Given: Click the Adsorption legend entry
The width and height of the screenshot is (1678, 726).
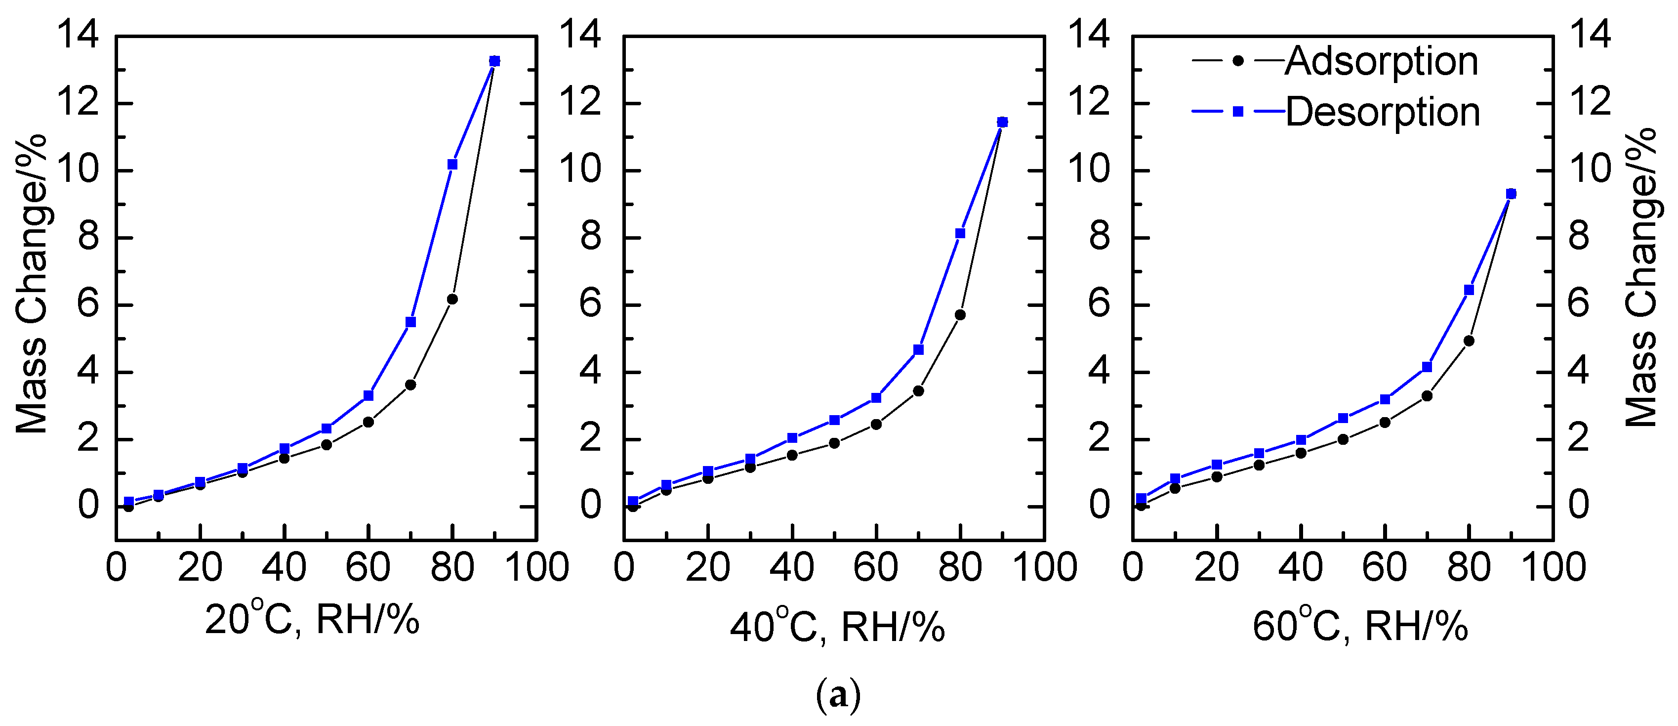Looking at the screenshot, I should (1381, 62).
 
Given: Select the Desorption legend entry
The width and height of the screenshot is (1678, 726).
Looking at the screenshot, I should (1382, 112).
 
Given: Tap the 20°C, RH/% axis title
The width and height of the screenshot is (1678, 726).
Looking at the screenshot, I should (312, 619).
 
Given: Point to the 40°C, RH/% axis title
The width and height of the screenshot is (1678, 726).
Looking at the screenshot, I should (837, 628).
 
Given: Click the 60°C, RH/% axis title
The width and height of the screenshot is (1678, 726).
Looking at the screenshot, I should (1360, 628).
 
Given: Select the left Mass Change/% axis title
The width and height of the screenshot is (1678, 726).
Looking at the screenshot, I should (31, 284).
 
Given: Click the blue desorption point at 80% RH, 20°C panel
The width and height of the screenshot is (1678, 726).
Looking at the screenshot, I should (453, 164).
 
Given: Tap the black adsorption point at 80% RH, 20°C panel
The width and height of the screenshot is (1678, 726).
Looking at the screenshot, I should (453, 299).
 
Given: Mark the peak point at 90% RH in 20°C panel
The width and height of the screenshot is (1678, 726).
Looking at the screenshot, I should (494, 61).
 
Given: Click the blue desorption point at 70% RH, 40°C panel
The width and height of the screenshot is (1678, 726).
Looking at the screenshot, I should (918, 349).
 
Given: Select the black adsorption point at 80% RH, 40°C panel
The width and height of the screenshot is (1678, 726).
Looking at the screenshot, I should (960, 315).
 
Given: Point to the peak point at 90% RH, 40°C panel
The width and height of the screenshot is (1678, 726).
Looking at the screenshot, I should (1002, 122).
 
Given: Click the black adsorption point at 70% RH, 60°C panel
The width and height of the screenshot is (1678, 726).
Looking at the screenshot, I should (1427, 395).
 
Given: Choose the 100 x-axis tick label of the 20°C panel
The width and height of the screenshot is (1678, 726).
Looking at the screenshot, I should (537, 567).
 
